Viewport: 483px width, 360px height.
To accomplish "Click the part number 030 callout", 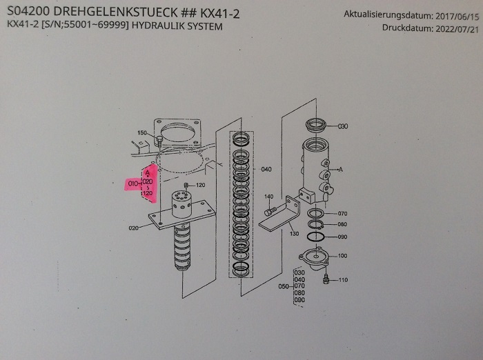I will tap(343, 127).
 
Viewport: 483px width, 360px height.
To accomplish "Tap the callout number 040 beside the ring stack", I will tap(266, 169).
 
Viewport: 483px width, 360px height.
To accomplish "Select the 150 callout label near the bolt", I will tap(142, 132).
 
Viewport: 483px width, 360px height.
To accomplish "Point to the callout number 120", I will tap(201, 186).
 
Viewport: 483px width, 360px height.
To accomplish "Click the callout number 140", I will tap(269, 197).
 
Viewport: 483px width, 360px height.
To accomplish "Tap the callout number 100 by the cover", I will tap(342, 257).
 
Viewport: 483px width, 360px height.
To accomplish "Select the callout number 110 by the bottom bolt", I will tap(343, 279).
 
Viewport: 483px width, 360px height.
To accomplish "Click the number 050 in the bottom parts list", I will tap(282, 286).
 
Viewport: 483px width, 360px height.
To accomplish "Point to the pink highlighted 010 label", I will tap(134, 183).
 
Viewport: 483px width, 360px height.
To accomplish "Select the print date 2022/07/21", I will tap(456, 28).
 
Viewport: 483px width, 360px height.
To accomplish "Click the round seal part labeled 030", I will tap(317, 126).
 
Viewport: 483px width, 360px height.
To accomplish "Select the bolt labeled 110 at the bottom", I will tap(326, 279).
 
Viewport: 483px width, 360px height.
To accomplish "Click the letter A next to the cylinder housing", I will tap(341, 168).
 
